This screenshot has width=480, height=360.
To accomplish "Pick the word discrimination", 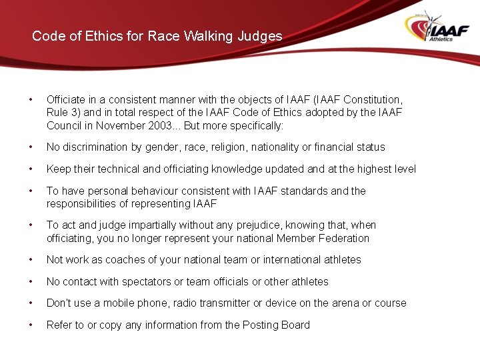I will click(x=95, y=147).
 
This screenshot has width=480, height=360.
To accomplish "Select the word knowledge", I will click(x=225, y=169).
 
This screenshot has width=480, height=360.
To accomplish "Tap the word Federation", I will click(x=341, y=239).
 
